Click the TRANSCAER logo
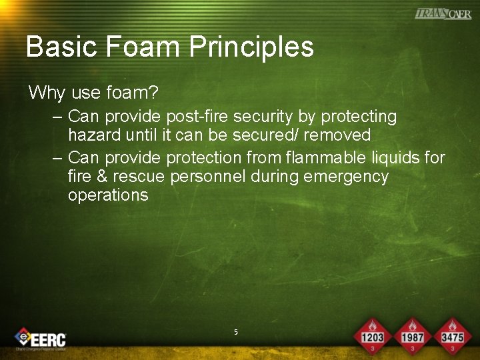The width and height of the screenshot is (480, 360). (x=443, y=13)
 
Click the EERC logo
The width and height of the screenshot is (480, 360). (x=41, y=339)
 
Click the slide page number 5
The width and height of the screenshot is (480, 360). (x=236, y=331)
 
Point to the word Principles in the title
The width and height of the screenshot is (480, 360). (x=251, y=47)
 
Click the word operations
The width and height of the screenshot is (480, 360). (x=108, y=195)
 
